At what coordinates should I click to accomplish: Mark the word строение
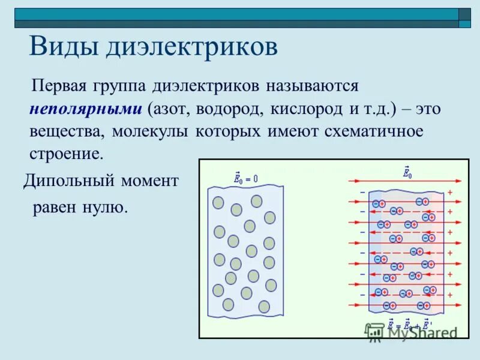pyautogui.click(x=66, y=154)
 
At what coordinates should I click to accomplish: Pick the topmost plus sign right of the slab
pyautogui.click(x=450, y=193)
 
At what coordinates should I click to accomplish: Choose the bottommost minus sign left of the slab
pyautogui.click(x=362, y=295)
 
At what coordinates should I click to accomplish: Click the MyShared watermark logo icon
pyautogui.click(x=375, y=332)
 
